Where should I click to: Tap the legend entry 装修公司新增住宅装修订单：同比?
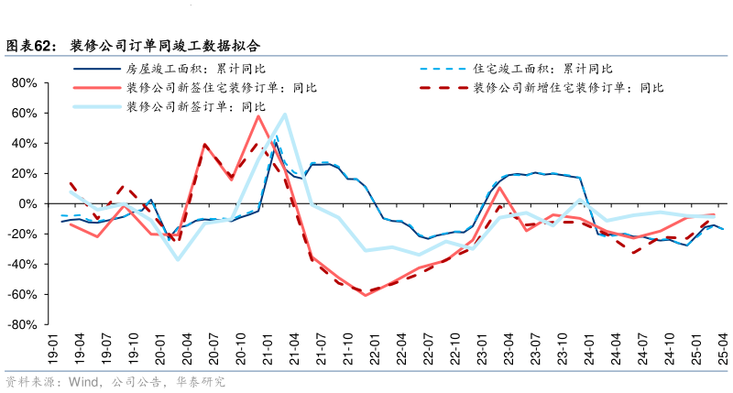568,88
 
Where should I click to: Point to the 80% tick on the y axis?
23,83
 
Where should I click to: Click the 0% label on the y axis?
27,203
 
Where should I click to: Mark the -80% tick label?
21,325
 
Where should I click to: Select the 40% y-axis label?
23,144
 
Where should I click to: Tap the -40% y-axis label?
21,265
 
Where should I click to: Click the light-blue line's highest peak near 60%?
285,115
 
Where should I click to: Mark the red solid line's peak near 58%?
258,115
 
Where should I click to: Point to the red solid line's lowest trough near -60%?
366,295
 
